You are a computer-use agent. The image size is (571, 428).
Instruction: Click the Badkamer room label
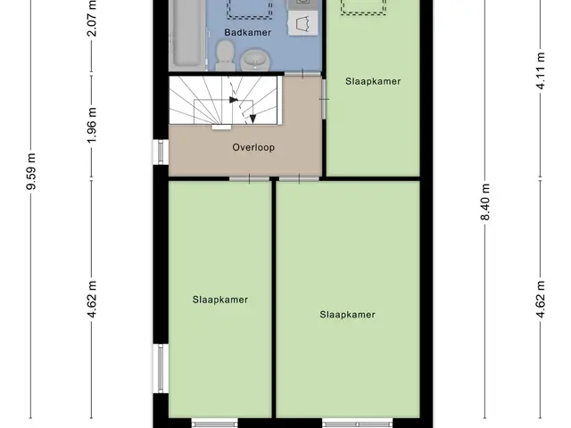point(248,32)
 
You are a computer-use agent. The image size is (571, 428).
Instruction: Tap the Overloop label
point(253,147)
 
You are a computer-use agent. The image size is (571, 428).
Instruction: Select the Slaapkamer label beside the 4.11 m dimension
point(373,81)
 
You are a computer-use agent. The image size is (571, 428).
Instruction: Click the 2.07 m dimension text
point(93,18)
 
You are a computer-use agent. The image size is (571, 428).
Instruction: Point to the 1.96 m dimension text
point(93,125)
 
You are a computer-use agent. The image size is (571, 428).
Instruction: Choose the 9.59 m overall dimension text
point(31,172)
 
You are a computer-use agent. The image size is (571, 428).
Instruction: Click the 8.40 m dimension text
point(485,202)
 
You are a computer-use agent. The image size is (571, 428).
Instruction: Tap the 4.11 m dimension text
point(541,71)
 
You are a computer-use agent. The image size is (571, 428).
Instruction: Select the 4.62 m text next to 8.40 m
point(541,300)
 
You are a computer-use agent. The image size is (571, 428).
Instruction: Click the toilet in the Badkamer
point(225,55)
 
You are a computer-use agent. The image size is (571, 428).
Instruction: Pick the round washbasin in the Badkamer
point(256,60)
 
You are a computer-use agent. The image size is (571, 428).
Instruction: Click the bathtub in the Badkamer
point(186,34)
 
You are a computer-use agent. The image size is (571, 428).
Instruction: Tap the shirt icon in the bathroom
point(302,23)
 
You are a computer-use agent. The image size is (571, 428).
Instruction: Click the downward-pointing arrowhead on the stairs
point(252,119)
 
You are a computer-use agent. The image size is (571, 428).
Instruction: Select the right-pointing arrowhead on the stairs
point(234,99)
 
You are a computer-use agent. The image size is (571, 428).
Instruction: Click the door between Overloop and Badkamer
point(302,74)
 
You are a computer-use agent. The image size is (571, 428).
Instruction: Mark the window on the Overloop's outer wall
point(161,152)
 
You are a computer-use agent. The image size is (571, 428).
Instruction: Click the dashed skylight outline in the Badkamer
point(250,8)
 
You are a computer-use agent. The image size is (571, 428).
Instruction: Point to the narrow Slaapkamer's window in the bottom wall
point(214,424)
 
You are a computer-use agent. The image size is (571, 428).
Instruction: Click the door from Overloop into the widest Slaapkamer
point(299,178)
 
